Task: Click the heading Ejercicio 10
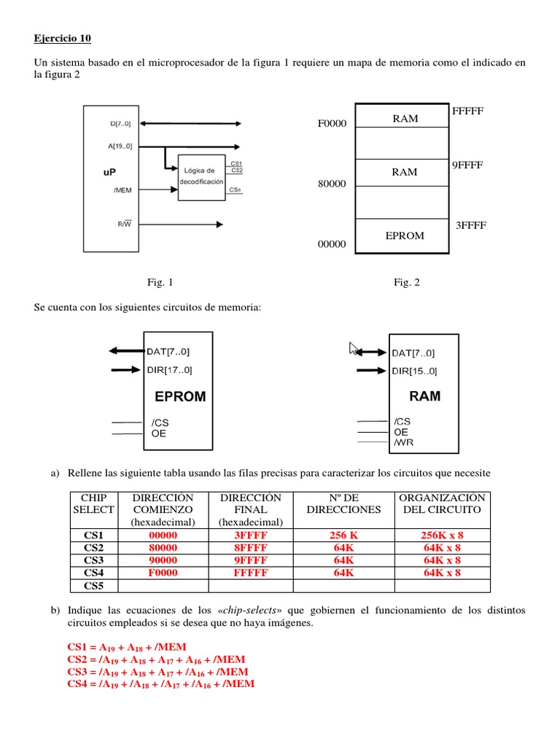tap(63, 38)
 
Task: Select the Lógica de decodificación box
tap(203, 175)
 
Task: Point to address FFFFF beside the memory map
tap(467, 111)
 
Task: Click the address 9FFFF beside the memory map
tap(468, 165)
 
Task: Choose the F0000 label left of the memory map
tap(332, 124)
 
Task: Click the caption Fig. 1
tap(160, 283)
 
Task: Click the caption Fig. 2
tap(407, 283)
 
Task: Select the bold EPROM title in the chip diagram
tap(180, 397)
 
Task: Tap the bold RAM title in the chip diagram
tap(424, 396)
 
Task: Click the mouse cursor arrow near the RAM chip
tap(354, 348)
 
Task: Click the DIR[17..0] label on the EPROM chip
tap(170, 369)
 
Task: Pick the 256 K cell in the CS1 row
tap(343, 535)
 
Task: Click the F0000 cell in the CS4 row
tap(163, 573)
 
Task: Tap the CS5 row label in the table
tap(93, 585)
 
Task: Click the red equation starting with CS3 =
tap(157, 672)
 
